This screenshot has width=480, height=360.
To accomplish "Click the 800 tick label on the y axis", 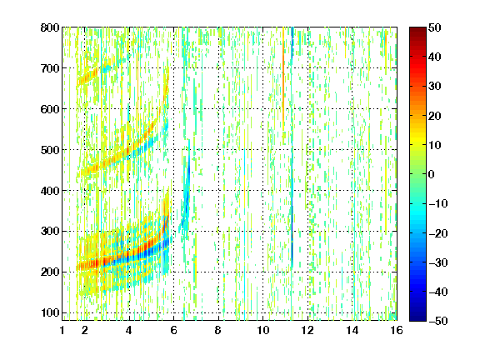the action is coord(50,27).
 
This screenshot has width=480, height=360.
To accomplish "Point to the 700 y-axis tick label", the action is coord(50,68).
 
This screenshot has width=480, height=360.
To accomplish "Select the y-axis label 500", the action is coord(50,150).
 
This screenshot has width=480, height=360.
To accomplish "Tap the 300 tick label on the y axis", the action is coord(50,231).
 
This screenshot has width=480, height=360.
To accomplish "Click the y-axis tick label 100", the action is coord(50,312).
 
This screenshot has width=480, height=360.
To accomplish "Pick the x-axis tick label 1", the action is coord(62,330).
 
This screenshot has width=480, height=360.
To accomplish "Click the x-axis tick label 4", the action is coord(129,330).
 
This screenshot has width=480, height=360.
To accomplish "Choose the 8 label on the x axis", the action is coord(217,330).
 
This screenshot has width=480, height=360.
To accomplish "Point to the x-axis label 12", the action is coord(307,330).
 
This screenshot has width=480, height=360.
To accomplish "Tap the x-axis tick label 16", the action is coord(397,330).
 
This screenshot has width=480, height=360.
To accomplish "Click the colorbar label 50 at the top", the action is coord(435,27).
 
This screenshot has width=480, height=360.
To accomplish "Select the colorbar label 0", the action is coord(432,174).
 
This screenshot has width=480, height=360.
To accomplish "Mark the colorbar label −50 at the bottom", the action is coord(438,321).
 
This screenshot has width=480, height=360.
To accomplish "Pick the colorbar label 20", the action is coord(435,116).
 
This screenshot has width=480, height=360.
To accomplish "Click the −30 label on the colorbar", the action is coord(438,262).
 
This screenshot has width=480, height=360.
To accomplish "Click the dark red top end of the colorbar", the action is coord(417,29).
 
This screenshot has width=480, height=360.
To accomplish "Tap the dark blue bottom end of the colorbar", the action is coord(417,318).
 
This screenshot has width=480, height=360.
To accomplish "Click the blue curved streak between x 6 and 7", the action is coord(187,196).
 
